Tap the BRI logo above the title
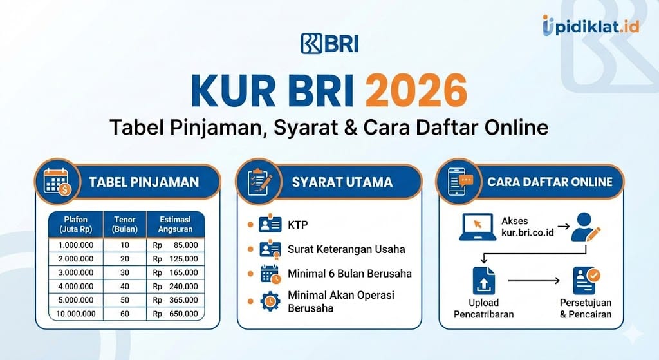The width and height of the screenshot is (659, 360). (329, 43)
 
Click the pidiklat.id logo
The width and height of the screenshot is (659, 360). (590, 26)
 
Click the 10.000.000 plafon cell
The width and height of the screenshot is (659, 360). (77, 314)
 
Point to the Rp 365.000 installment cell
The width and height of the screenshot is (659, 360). (175, 299)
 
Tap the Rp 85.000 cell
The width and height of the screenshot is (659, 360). (175, 245)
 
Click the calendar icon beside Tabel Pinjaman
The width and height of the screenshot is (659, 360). (59, 182)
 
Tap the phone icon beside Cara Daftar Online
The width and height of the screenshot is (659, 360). (458, 182)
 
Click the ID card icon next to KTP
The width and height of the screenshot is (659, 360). (270, 225)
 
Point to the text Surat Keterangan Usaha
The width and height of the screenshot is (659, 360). (346, 249)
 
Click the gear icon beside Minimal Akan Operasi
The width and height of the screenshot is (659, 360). (270, 301)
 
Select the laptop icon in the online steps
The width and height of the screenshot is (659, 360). (476, 227)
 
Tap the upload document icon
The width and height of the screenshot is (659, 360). (485, 281)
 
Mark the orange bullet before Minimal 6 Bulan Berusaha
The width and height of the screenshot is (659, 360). (250, 274)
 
